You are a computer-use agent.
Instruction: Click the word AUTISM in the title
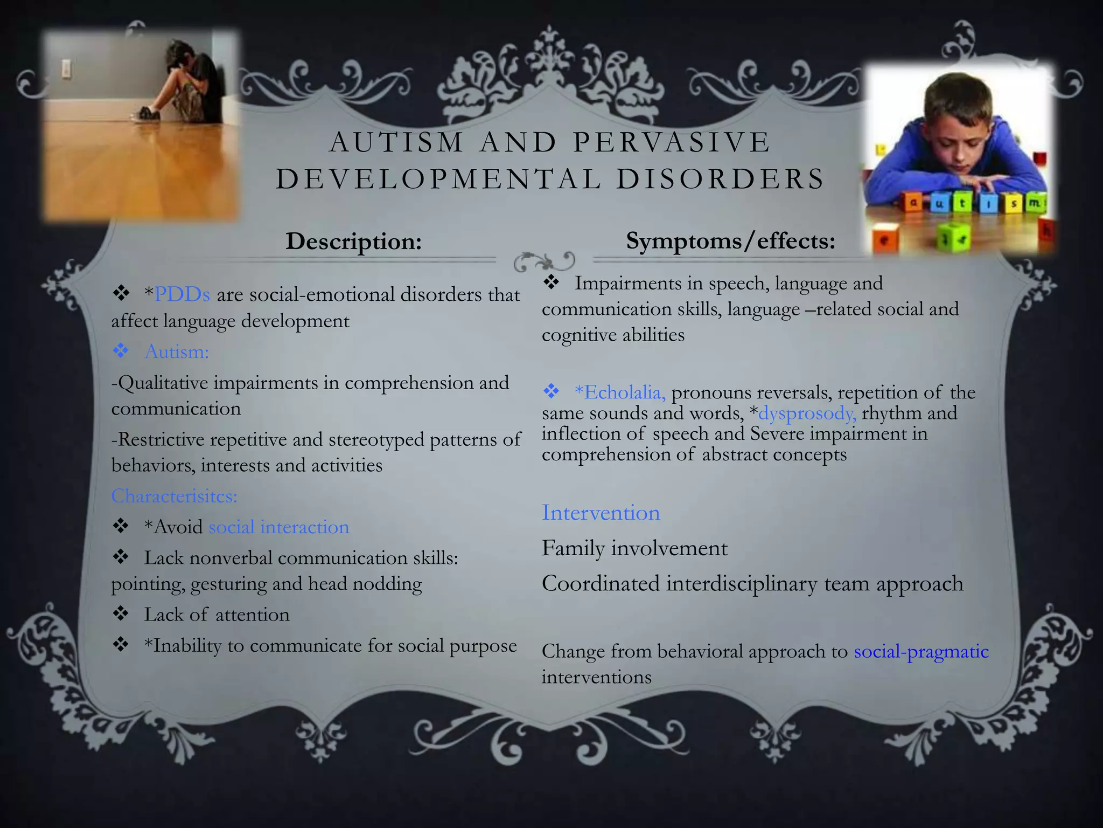[x=396, y=142]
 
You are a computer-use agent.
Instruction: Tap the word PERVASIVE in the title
[x=672, y=142]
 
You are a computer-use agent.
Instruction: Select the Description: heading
[x=353, y=241]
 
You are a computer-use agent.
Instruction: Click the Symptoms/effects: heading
[x=730, y=240]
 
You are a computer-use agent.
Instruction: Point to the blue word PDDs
[x=181, y=294]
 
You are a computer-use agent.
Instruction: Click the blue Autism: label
[x=177, y=351]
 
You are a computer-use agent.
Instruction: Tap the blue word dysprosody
[x=807, y=413]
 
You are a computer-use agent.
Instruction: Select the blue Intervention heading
[x=601, y=513]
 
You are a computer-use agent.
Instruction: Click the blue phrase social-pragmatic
[x=921, y=651]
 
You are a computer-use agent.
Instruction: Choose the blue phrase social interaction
[x=278, y=527]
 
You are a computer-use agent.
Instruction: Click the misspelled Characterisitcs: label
[x=174, y=496]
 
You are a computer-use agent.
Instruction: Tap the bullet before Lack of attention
[x=121, y=614]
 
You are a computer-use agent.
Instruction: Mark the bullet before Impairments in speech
[x=551, y=282]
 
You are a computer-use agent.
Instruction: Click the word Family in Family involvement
[x=573, y=548]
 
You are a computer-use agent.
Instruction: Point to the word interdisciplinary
[x=742, y=583]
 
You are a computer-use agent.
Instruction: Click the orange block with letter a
[x=913, y=203]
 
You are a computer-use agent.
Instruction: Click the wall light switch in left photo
[x=67, y=68]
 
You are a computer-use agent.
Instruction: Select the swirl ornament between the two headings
[x=544, y=261]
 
